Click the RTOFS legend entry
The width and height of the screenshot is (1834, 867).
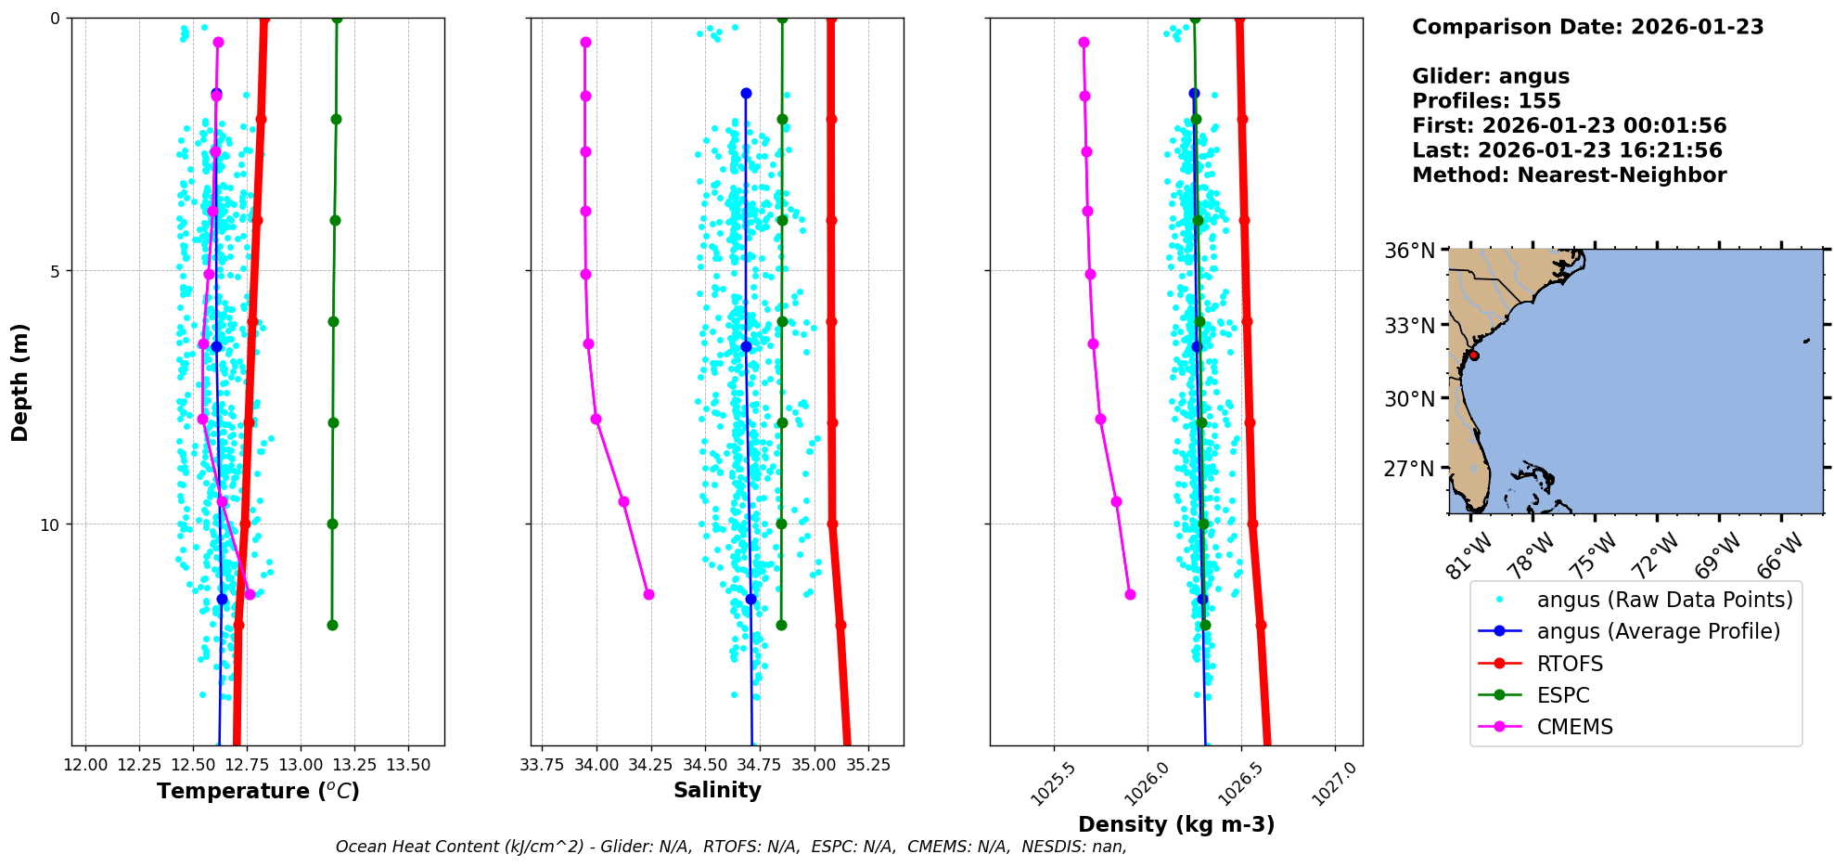point(1570,664)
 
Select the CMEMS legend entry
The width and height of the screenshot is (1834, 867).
point(1574,727)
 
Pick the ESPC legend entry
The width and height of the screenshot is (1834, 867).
point(1562,695)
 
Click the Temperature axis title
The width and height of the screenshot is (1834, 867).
point(258,791)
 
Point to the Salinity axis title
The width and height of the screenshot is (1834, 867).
point(717,790)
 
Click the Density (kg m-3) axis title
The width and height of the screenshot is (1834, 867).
point(1175,824)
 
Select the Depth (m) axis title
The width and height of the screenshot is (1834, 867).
point(20,382)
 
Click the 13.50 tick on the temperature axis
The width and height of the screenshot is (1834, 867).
point(408,765)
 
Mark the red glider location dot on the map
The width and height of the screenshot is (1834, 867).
point(1474,356)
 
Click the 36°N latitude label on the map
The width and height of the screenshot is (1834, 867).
point(1409,251)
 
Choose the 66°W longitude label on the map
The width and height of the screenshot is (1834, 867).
point(1780,555)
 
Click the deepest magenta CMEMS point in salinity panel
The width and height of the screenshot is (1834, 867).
point(648,594)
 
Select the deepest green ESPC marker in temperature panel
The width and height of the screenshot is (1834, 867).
point(332,625)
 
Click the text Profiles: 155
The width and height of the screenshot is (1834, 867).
point(1486,101)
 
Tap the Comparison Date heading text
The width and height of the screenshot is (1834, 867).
point(1587,27)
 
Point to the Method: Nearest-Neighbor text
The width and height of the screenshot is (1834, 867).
point(1569,175)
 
